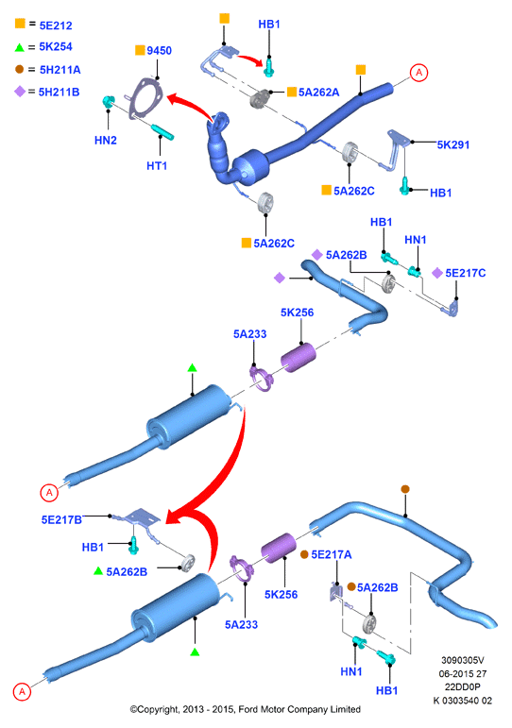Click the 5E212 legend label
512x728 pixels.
tap(56, 25)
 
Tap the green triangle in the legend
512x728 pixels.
tap(20, 47)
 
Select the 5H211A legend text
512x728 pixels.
tap(60, 70)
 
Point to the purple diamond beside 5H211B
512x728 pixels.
tap(20, 92)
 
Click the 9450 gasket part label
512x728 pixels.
tap(159, 51)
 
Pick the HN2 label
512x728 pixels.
tap(106, 140)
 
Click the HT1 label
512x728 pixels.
tap(157, 166)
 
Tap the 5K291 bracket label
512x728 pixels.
tap(453, 144)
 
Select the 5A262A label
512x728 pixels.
tap(318, 93)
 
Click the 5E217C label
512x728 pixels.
tap(466, 273)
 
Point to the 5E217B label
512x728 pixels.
tap(61, 520)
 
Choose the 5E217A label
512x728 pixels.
tap(332, 554)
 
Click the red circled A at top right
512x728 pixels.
tap(418, 73)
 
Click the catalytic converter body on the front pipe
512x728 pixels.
tap(250, 167)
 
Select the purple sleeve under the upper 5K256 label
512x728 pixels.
tap(299, 358)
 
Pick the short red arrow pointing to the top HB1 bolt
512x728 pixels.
tap(250, 59)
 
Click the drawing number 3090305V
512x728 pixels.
tap(462, 660)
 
